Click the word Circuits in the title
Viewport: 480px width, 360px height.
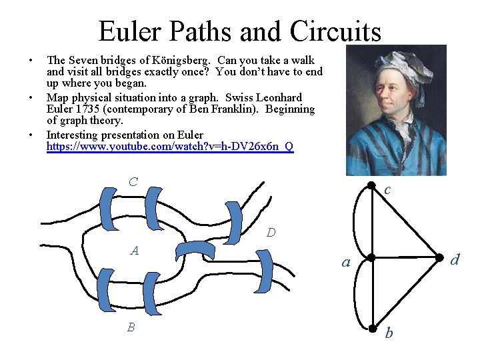click(x=335, y=31)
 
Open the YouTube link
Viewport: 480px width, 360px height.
click(x=169, y=146)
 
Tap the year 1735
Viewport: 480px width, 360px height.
click(x=88, y=108)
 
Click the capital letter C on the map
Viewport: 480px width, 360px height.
click(x=133, y=181)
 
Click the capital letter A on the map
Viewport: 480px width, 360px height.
click(x=135, y=251)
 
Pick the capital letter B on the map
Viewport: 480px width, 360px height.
click(x=131, y=327)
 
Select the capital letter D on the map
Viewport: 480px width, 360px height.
click(x=271, y=233)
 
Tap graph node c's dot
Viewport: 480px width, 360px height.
click(x=371, y=187)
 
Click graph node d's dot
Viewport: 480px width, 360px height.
click(x=438, y=257)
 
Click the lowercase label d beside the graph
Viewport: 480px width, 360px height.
click(x=455, y=259)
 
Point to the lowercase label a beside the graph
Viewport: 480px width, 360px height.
click(x=345, y=263)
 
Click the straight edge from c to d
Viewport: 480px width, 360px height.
click(x=405, y=223)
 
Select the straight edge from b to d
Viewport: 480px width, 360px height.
click(x=405, y=293)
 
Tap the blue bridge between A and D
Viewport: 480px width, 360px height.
click(x=195, y=250)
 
